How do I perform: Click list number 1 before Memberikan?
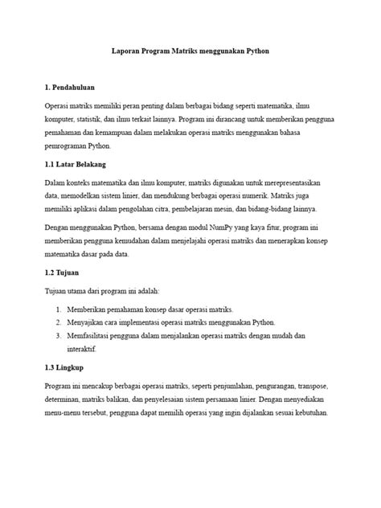tap(59, 309)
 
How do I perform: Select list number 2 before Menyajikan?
tap(59, 322)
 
